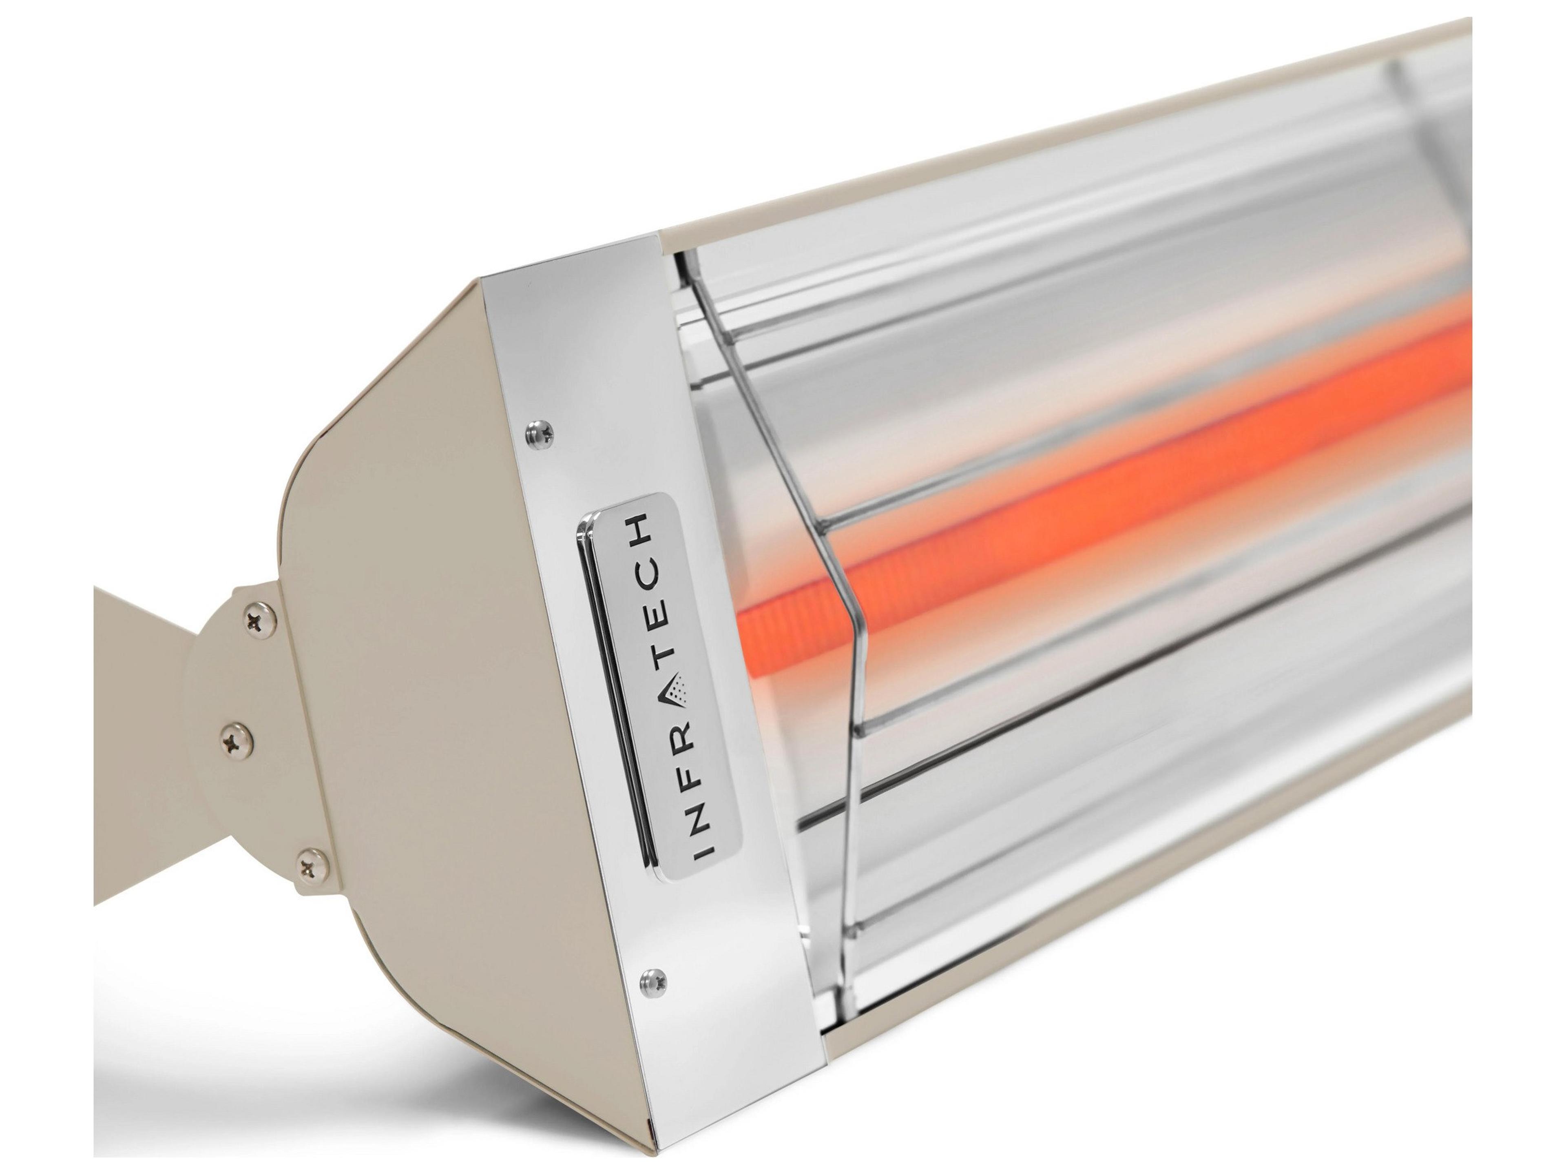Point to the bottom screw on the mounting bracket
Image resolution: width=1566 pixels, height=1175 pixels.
click(312, 865)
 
